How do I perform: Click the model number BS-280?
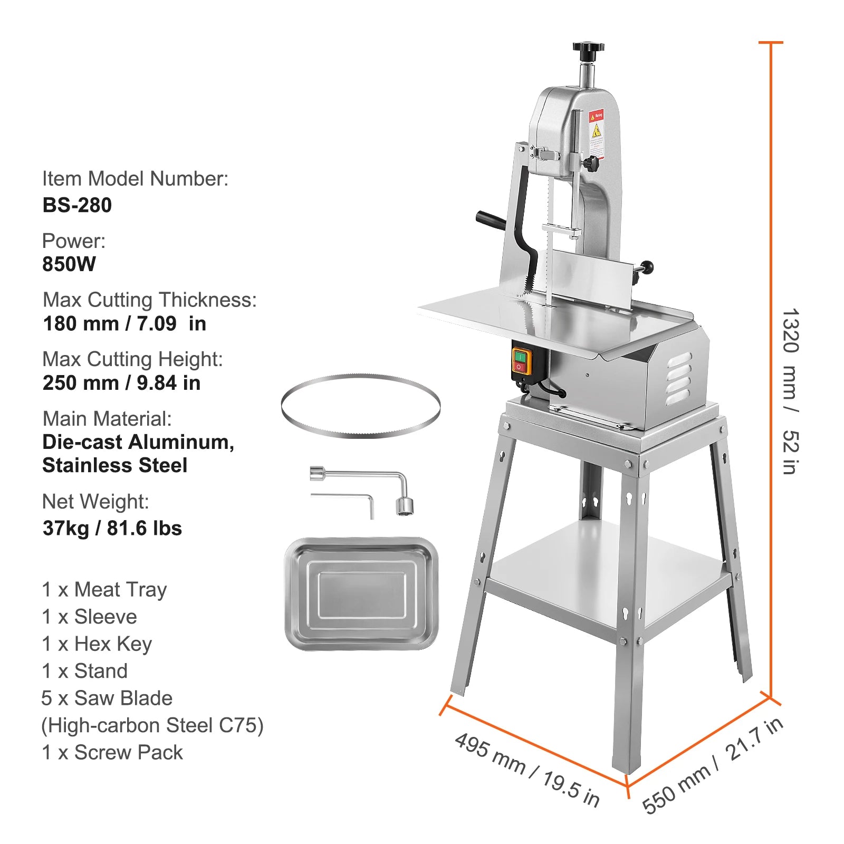[x=77, y=205]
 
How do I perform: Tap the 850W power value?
[x=69, y=264]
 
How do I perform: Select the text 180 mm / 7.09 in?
[x=124, y=323]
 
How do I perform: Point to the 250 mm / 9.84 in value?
[x=122, y=383]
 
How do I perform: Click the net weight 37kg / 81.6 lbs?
[x=112, y=528]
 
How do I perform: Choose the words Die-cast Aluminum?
[x=138, y=442]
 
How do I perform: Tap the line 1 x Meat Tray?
[x=104, y=589]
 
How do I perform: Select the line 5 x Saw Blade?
[x=107, y=698]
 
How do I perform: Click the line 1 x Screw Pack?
[x=112, y=752]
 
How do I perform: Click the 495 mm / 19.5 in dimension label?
[x=527, y=769]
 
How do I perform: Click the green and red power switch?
[x=521, y=361]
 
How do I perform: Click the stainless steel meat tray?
[x=362, y=593]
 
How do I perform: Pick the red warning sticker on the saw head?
[x=596, y=117]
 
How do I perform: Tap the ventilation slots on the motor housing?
[x=679, y=378]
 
